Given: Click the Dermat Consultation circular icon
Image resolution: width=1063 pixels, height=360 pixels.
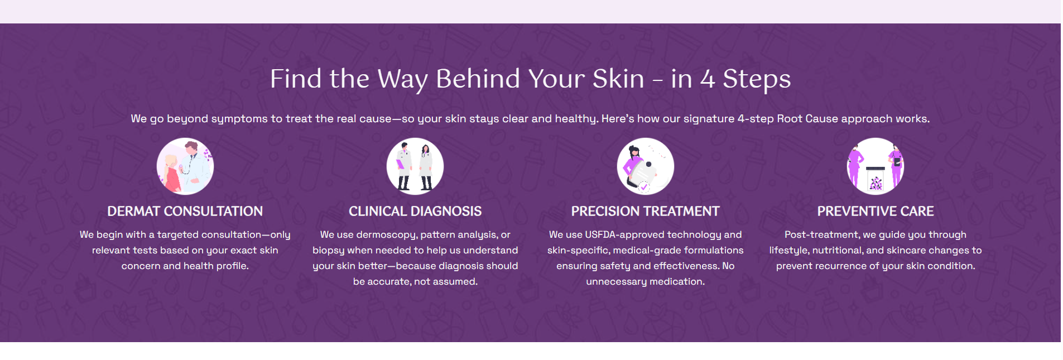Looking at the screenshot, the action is point(185,166).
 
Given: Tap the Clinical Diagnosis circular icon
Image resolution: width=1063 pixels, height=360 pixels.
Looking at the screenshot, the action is point(415,166).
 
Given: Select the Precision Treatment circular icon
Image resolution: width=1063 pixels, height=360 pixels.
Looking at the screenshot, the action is point(646,166).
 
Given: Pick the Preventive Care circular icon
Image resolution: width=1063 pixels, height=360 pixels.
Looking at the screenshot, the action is point(876,166).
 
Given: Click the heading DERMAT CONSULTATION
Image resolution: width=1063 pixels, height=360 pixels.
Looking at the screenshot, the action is point(185,212).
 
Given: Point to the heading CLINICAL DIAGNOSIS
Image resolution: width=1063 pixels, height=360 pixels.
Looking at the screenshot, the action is point(415,212).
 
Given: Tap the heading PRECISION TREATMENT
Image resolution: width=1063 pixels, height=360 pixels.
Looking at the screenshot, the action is point(646,212).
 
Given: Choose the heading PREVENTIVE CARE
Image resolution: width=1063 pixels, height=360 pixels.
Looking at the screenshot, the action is point(876,212).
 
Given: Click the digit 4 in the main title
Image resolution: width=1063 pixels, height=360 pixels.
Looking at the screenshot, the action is point(708,79).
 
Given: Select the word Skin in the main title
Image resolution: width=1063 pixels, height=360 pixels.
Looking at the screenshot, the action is point(618,79).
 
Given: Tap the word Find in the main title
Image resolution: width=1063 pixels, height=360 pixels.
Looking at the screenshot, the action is point(296,79).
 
